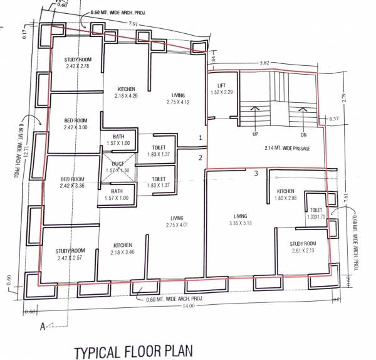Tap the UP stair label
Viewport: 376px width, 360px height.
pos(255,134)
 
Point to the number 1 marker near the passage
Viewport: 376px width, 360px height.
pos(201,137)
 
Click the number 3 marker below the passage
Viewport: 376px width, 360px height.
pos(256,173)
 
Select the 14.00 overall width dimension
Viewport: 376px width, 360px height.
pos(189,305)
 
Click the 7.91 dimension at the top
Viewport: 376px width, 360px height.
pos(132,24)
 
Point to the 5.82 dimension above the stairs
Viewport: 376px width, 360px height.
pos(265,63)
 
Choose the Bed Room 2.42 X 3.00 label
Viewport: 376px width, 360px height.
pos(75,124)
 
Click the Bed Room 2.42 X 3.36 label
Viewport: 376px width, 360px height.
pos(73,182)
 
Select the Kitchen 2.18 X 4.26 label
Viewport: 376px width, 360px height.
pos(126,92)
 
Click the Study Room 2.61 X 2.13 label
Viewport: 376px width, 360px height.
pos(303,247)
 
